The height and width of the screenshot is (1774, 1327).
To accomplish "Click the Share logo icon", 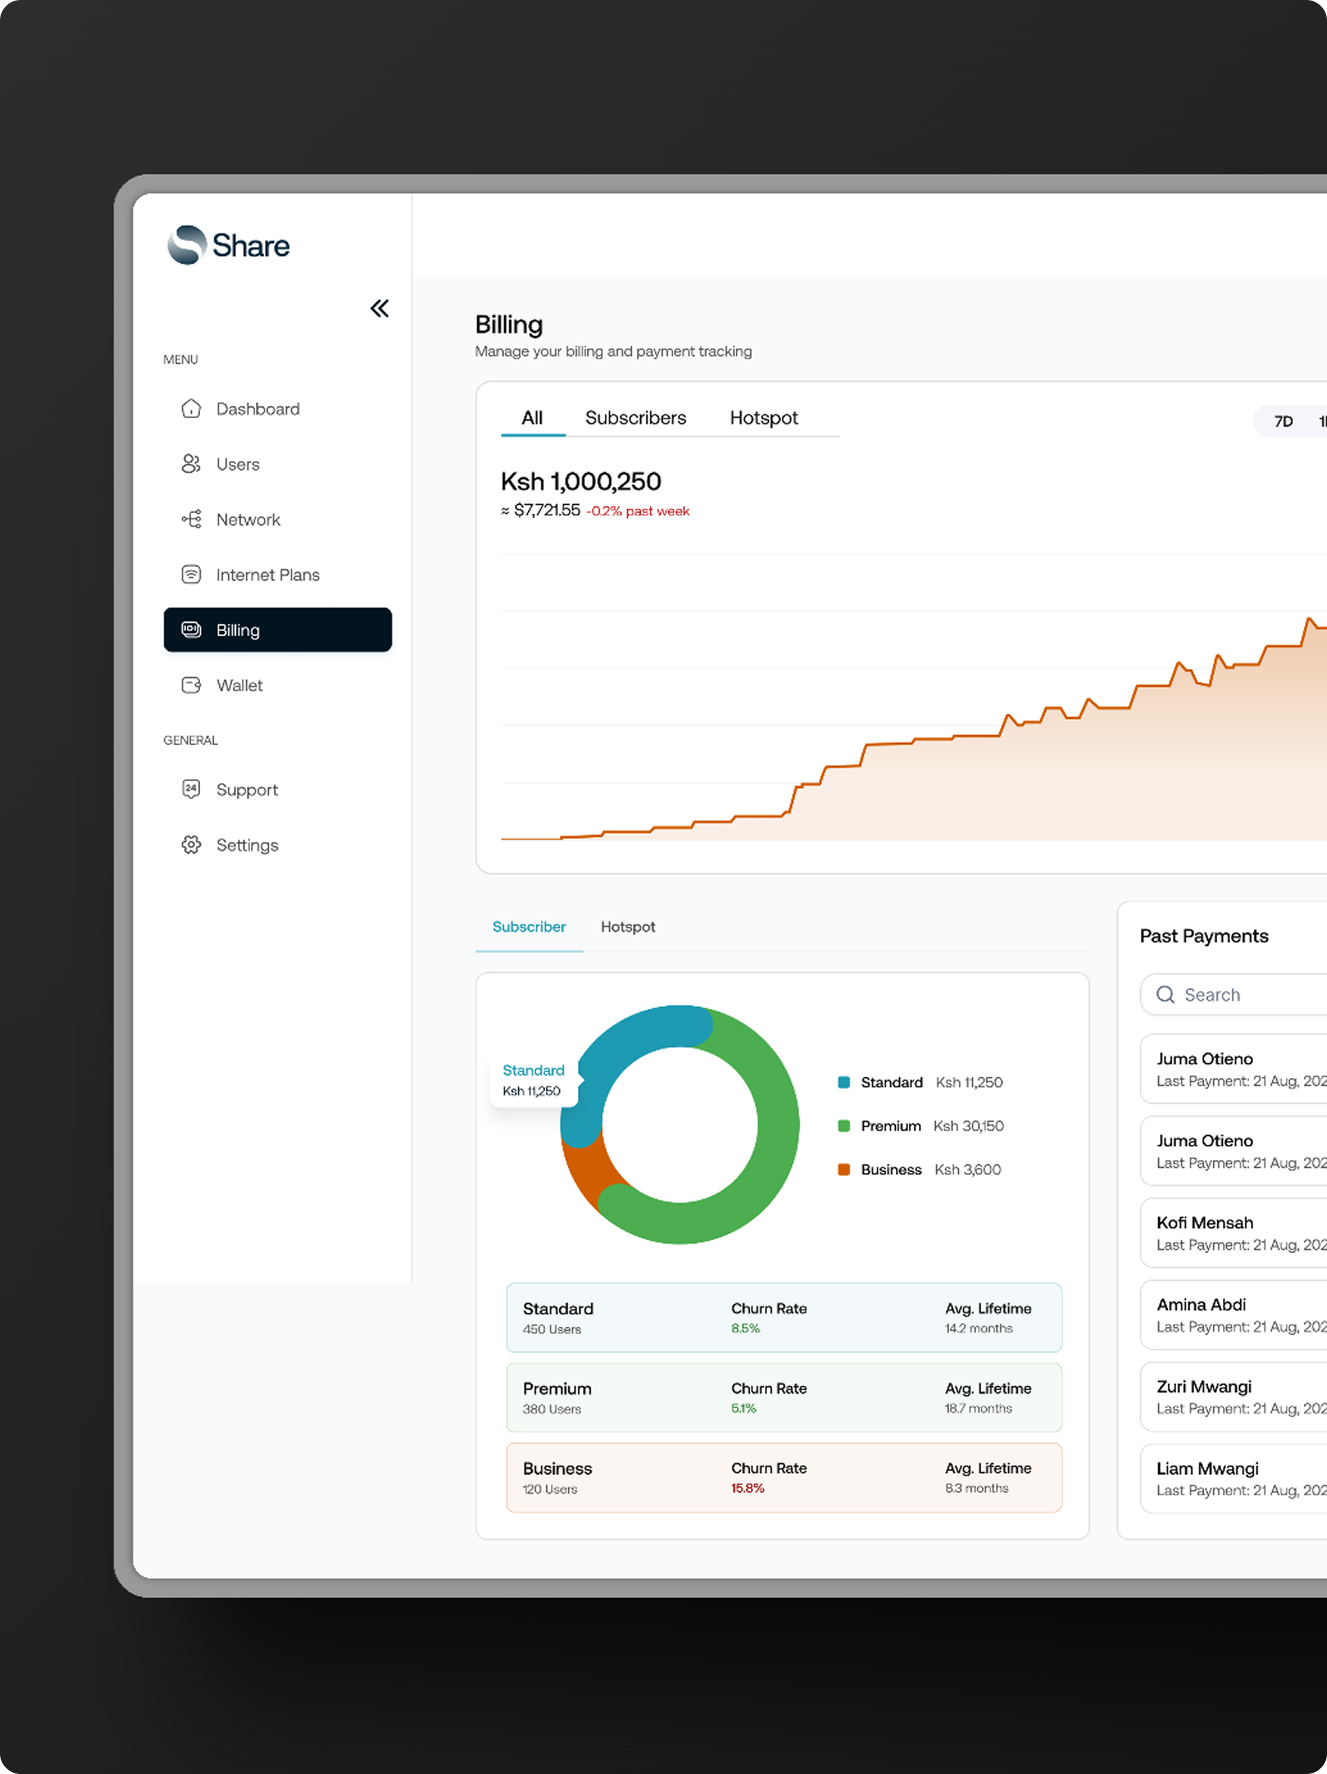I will [187, 244].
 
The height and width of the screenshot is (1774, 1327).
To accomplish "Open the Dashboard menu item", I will [257, 409].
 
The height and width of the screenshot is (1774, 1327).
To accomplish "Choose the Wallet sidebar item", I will [238, 686].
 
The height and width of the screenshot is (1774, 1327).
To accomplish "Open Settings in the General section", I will [246, 845].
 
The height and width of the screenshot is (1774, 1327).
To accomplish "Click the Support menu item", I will [246, 790].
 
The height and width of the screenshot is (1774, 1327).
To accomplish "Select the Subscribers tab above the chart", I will [636, 418].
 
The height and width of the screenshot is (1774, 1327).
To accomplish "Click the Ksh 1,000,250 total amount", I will [581, 481].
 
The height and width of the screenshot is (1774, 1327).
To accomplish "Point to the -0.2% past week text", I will [638, 512].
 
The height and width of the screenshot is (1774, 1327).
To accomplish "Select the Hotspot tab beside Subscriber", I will [627, 927].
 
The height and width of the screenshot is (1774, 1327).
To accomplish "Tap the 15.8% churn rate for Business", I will [747, 1488].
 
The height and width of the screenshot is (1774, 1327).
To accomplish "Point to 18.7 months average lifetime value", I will [978, 1408].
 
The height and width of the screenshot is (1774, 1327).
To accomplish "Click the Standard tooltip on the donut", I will [533, 1079].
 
